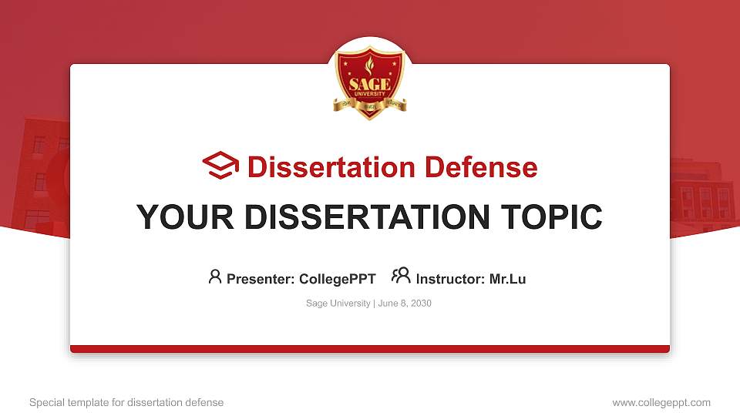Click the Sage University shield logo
[x=370, y=82]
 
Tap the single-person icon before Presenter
[x=215, y=277]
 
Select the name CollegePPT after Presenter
[x=337, y=279]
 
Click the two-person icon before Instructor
[x=401, y=276]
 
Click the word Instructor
[x=449, y=279]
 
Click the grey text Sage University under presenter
[x=338, y=304]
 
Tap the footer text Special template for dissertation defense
[x=126, y=402]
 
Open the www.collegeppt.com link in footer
[x=661, y=402]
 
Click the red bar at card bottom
[x=370, y=349]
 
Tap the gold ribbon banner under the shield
[x=370, y=105]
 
